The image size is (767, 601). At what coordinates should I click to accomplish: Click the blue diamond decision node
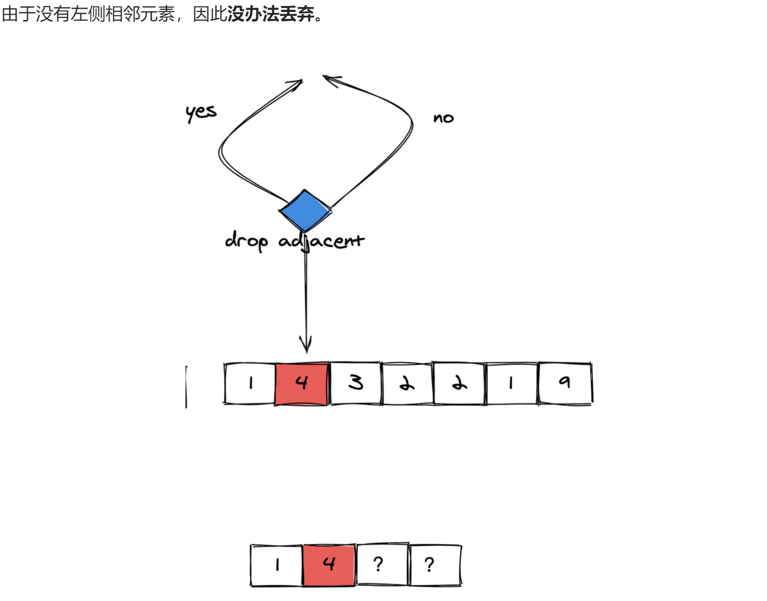pyautogui.click(x=305, y=211)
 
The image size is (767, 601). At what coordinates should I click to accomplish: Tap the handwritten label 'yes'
pyautogui.click(x=201, y=113)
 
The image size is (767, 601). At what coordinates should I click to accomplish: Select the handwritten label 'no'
pyautogui.click(x=443, y=118)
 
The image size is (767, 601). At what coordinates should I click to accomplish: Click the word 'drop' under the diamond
pyautogui.click(x=246, y=241)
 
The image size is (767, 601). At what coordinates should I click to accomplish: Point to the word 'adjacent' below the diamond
pyautogui.click(x=321, y=241)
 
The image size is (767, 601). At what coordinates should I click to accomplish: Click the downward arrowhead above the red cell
pyautogui.click(x=306, y=346)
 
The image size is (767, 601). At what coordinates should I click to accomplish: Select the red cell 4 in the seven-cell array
pyautogui.click(x=302, y=383)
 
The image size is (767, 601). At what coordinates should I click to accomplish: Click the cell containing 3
pyautogui.click(x=356, y=383)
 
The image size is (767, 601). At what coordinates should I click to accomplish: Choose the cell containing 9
pyautogui.click(x=565, y=383)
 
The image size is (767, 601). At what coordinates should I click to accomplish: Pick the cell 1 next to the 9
pyautogui.click(x=511, y=383)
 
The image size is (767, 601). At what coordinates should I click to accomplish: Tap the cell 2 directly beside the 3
pyautogui.click(x=407, y=383)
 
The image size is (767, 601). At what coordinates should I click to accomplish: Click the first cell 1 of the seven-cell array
pyautogui.click(x=250, y=383)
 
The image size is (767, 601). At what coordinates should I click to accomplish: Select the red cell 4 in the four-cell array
pyautogui.click(x=329, y=565)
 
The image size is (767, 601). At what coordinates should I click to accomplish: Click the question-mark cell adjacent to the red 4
pyautogui.click(x=381, y=565)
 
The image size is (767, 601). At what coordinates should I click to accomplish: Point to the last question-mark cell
pyautogui.click(x=434, y=565)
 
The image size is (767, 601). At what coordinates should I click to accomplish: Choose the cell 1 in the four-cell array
pyautogui.click(x=277, y=565)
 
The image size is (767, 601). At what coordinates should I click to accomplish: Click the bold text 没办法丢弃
pyautogui.click(x=271, y=14)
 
